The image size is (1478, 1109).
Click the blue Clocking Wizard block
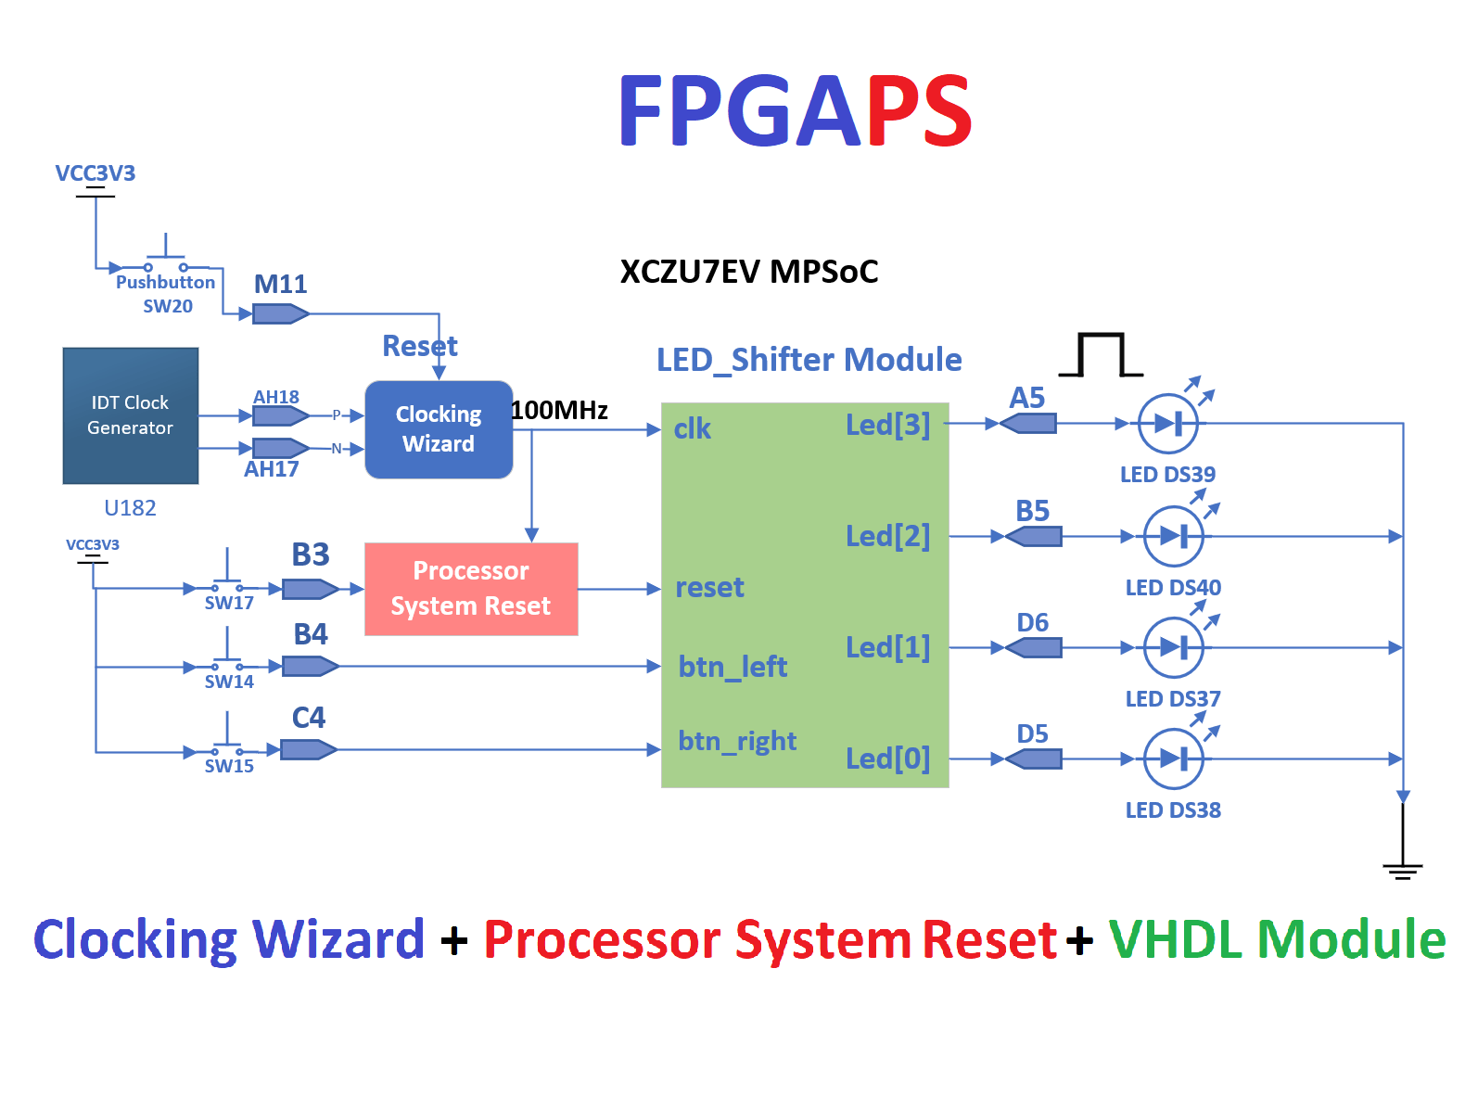(x=439, y=429)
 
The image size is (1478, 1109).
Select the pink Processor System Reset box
(x=471, y=589)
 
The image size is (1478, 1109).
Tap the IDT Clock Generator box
(x=131, y=415)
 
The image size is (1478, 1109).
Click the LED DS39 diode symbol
(x=1168, y=424)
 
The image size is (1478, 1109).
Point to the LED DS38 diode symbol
(x=1174, y=758)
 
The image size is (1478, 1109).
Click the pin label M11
(x=280, y=285)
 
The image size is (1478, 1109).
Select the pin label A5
(x=1027, y=398)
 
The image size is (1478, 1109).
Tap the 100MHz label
(x=560, y=410)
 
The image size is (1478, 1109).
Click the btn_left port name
(x=733, y=667)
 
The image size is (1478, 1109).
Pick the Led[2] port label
(x=887, y=536)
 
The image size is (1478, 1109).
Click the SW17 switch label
(x=229, y=603)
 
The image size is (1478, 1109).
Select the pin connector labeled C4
(x=308, y=749)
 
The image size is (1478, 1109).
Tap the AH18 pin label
(x=276, y=397)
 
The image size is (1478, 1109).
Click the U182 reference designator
(x=130, y=508)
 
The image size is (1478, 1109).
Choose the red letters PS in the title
(x=919, y=111)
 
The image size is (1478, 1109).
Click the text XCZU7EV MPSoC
(x=748, y=272)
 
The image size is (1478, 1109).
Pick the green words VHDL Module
(x=1277, y=939)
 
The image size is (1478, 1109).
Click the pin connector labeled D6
(x=1034, y=647)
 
